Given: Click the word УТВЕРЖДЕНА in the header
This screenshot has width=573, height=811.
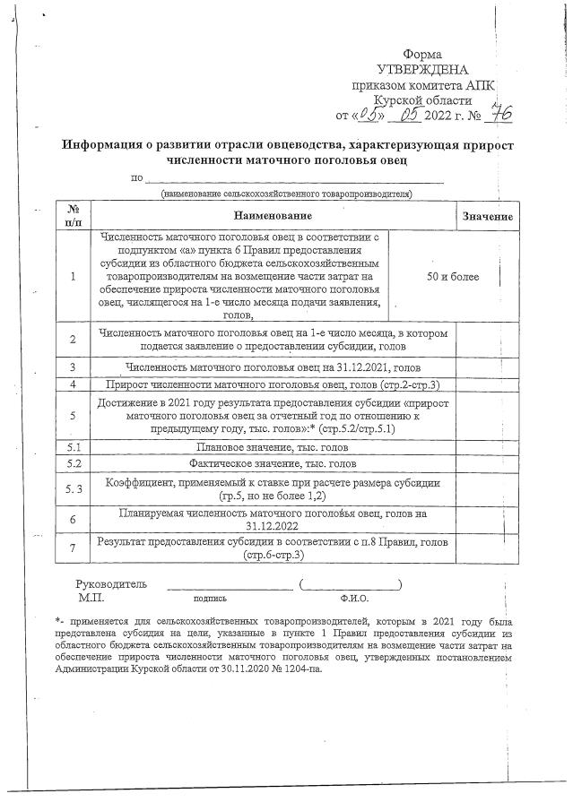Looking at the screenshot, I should [x=422, y=70].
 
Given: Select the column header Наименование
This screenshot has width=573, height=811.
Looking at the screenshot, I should [x=273, y=216].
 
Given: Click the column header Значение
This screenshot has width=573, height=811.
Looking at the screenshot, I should [x=487, y=217].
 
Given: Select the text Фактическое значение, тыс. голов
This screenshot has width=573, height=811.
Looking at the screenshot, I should [x=273, y=464].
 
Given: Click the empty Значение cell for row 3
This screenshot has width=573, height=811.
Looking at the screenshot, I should [x=487, y=367].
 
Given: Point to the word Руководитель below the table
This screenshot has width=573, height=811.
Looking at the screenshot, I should [x=111, y=583].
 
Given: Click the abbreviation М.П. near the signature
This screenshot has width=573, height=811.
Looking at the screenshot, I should [x=91, y=596].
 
